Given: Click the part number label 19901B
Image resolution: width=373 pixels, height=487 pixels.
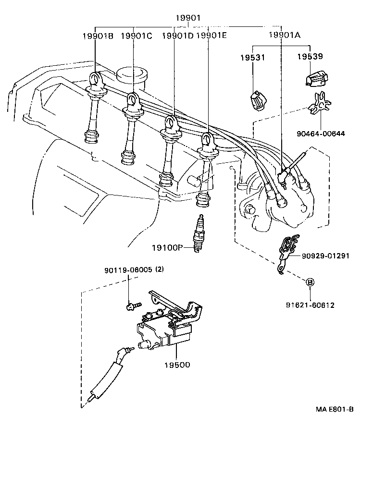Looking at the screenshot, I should click(x=97, y=36).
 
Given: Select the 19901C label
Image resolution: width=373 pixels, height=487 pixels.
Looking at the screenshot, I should click(x=137, y=36).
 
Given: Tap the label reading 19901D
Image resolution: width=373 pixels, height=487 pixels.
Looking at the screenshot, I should click(x=177, y=36).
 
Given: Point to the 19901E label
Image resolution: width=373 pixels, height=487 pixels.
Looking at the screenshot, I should click(x=212, y=36).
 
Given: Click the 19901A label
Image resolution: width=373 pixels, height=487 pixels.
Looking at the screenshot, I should click(x=284, y=35).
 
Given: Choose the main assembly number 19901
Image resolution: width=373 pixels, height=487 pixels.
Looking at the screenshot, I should click(x=187, y=18).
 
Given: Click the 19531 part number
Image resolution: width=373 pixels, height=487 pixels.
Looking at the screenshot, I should click(x=253, y=58).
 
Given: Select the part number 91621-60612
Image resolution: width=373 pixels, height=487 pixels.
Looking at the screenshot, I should click(x=311, y=305).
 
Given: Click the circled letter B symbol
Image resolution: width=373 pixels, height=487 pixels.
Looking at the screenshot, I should click(x=311, y=282).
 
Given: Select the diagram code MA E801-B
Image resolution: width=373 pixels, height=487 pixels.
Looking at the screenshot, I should click(x=335, y=409).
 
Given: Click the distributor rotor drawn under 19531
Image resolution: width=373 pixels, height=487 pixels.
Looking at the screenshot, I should click(x=258, y=99).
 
